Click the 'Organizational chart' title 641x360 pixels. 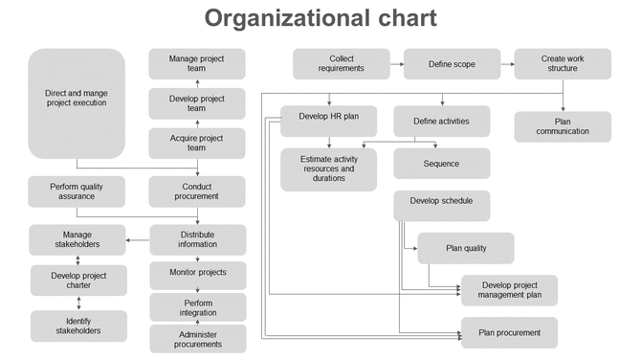[x=320, y=18]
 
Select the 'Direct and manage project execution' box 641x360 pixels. [x=77, y=103]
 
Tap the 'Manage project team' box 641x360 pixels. [x=196, y=64]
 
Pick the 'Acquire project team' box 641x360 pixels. [x=196, y=142]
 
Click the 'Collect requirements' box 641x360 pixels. [x=341, y=64]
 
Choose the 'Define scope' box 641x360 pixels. [x=452, y=64]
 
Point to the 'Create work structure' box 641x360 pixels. [x=562, y=64]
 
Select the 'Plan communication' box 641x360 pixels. [x=562, y=125]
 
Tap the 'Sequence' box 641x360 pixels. [x=441, y=164]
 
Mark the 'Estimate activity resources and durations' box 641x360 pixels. [x=328, y=169]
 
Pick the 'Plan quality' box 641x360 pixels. [x=466, y=248]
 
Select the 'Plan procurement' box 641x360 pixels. [x=509, y=332]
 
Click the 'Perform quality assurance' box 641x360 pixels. [x=77, y=191]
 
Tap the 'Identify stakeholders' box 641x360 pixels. [x=77, y=326]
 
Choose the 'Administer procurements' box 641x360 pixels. [x=197, y=338]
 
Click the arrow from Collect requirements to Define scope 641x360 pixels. [x=395, y=64]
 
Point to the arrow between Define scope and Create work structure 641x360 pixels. [x=507, y=64]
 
